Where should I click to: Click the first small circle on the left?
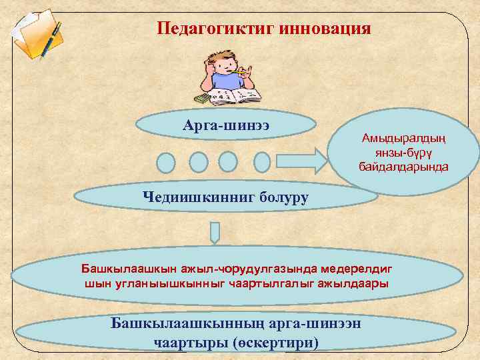(166, 162)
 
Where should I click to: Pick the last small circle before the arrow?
(262, 162)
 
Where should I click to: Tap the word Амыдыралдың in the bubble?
(404, 138)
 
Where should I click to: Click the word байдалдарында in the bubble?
(404, 164)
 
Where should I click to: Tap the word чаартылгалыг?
(265, 283)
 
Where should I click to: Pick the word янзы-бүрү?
(404, 151)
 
